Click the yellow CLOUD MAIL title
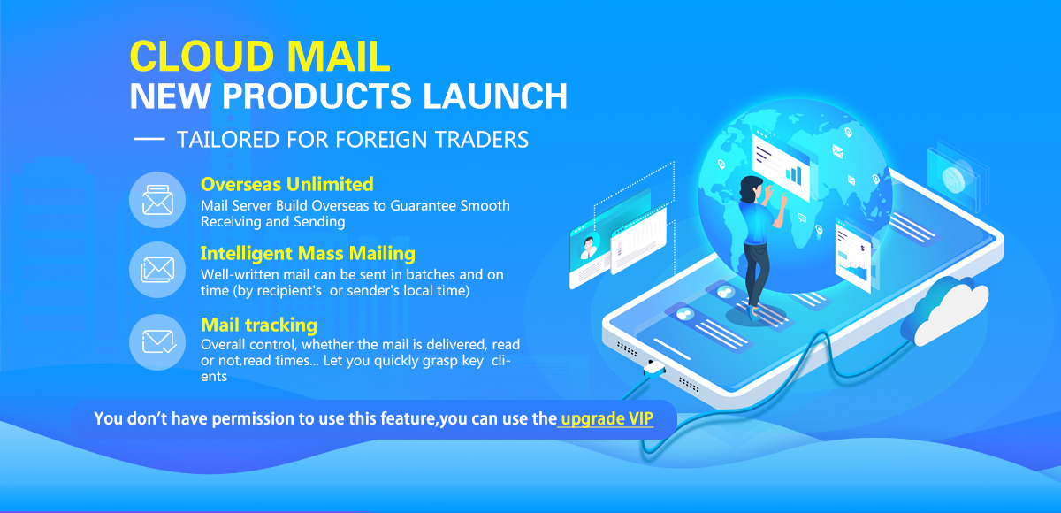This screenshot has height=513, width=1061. point(260,57)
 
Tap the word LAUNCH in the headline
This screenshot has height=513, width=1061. point(494,96)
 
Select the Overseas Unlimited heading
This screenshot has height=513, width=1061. point(287,184)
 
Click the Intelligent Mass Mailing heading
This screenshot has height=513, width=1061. point(308,254)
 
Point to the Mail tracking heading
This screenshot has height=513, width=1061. point(259,325)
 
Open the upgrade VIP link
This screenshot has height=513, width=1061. point(607,418)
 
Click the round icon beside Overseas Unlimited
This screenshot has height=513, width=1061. point(157,200)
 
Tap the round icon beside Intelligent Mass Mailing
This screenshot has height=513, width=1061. point(157,270)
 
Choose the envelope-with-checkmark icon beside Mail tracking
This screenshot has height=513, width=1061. point(157,342)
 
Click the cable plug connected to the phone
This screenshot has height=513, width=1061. point(654,368)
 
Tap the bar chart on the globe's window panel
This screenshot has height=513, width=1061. point(794,174)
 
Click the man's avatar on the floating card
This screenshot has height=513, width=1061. point(589,247)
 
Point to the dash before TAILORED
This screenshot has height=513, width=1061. point(149,139)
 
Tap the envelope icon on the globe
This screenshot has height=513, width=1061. point(838,152)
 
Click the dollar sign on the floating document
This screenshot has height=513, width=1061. point(863,249)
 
